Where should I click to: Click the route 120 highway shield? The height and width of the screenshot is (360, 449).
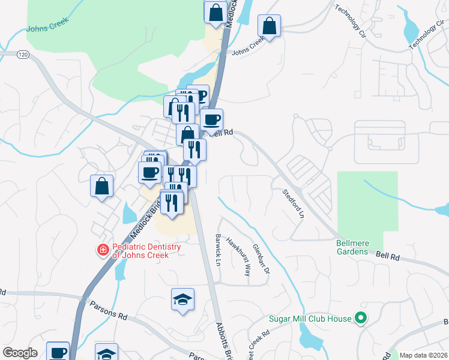tap(23, 55)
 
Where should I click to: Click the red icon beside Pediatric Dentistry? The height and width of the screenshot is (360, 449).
tap(104, 250)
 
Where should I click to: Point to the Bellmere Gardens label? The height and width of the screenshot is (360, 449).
tap(352, 247)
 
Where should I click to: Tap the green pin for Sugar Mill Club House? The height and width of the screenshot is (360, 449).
tap(360, 319)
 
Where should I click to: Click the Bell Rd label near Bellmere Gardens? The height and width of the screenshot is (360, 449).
tap(388, 256)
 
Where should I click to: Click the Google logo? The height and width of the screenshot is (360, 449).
tap(20, 353)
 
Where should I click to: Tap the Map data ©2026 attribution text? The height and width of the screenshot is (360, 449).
tap(424, 355)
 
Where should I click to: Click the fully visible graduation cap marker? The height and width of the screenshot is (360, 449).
tap(183, 300)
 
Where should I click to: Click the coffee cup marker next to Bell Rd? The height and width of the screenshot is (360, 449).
tap(211, 119)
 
